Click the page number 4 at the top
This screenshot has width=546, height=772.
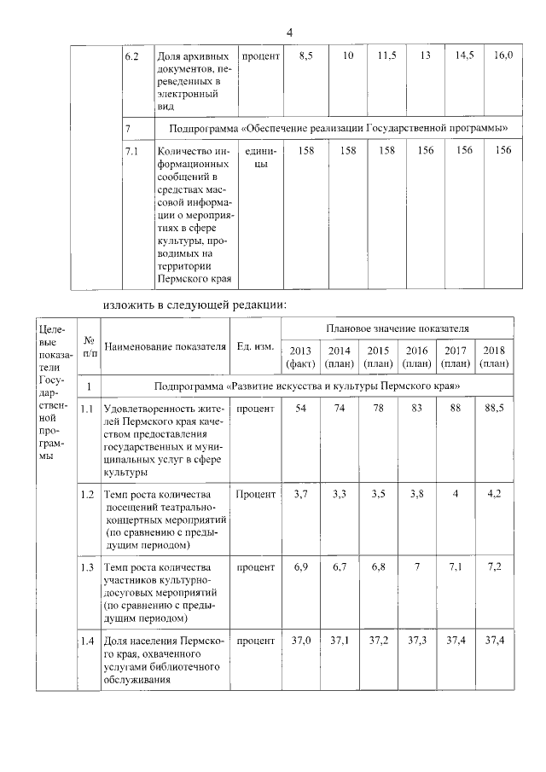289,32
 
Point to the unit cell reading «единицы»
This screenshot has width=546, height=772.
256,157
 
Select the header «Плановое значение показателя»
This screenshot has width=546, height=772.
397,328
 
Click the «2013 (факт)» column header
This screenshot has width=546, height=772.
301,357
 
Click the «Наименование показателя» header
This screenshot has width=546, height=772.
165,346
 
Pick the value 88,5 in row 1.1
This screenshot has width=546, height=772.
494,409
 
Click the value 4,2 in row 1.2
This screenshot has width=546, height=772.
494,493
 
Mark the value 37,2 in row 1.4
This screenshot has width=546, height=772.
378,640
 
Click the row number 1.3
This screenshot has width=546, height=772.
87,567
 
